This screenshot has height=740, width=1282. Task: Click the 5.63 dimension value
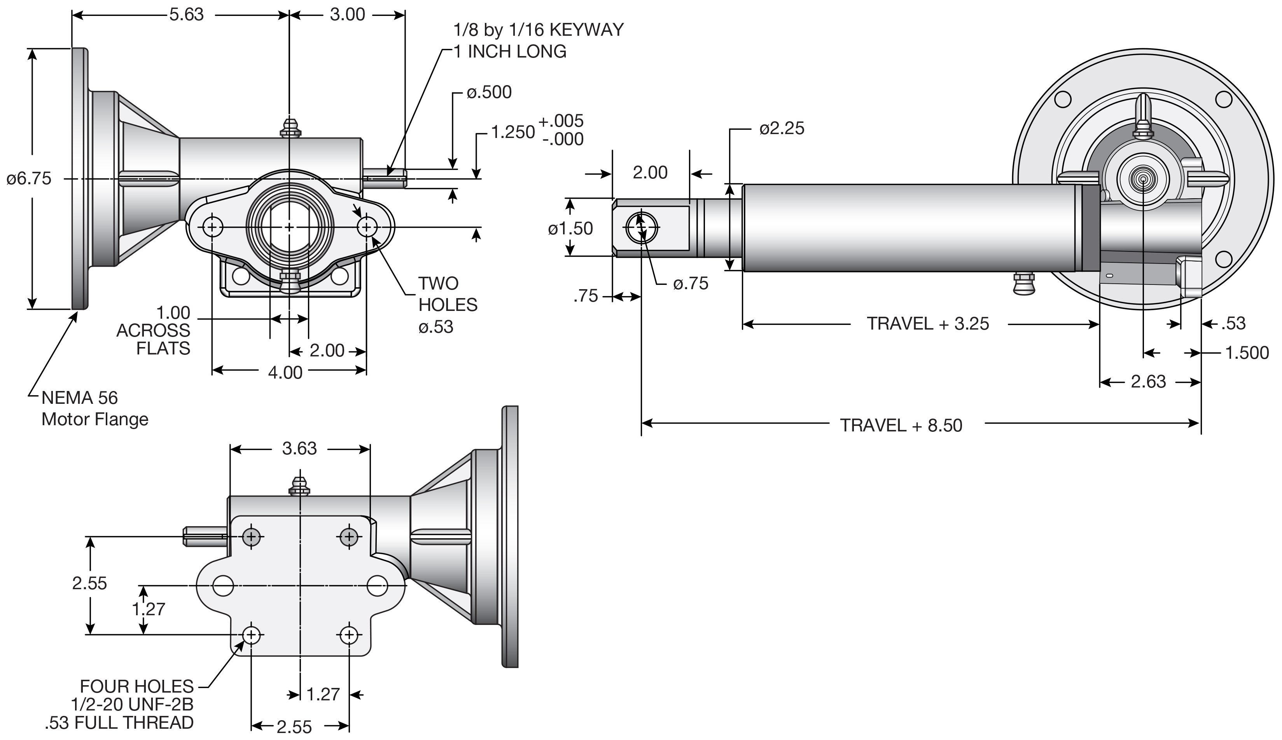(x=187, y=15)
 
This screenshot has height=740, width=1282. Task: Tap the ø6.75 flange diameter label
(x=29, y=178)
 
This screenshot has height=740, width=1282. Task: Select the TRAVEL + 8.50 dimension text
(x=901, y=426)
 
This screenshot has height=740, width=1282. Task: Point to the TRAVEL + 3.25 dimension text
(x=928, y=324)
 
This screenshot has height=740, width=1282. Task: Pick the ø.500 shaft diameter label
(x=489, y=92)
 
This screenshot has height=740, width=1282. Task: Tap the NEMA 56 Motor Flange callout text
(x=94, y=408)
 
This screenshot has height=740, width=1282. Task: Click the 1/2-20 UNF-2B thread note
(x=132, y=704)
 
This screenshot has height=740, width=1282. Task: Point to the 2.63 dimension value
(x=1148, y=382)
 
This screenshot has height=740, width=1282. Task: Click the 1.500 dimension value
(x=1246, y=353)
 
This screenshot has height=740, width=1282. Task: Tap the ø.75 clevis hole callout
(x=690, y=284)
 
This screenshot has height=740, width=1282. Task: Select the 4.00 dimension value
(x=285, y=373)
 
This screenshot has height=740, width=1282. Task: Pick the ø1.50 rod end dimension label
(x=570, y=229)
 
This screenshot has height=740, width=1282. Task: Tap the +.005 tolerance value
(x=561, y=121)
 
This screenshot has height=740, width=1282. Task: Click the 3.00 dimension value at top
(x=347, y=15)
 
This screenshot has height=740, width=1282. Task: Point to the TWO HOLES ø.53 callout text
(x=447, y=305)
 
